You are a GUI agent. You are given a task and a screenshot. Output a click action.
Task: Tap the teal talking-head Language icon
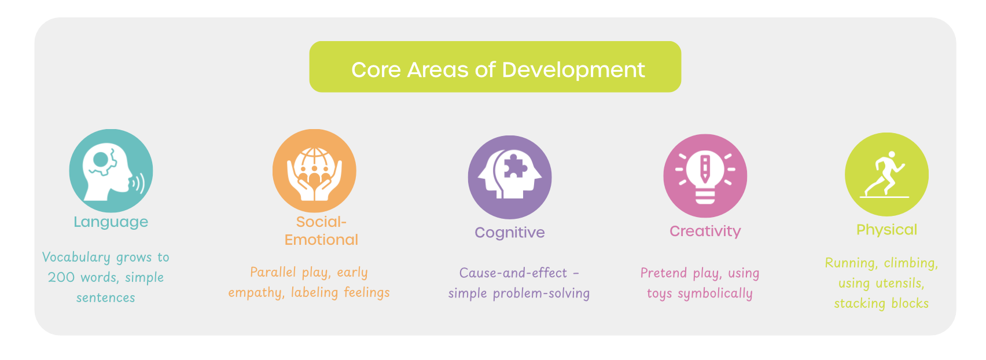click(111, 171)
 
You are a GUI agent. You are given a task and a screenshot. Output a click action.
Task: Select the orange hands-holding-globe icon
click(314, 171)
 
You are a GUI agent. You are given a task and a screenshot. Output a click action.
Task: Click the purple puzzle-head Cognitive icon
click(510, 177)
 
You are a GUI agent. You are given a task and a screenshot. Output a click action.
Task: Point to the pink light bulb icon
click(705, 176)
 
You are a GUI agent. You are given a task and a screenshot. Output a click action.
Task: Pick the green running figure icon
click(886, 175)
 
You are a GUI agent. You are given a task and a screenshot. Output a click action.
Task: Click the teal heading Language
click(111, 222)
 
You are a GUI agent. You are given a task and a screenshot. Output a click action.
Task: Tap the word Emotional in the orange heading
click(321, 240)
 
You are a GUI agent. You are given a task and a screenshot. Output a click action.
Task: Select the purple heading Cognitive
click(510, 233)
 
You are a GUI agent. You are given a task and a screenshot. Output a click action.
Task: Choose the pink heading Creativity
click(705, 232)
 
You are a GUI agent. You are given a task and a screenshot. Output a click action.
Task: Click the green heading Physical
click(886, 230)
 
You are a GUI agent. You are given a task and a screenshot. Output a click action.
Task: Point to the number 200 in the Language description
click(61, 277)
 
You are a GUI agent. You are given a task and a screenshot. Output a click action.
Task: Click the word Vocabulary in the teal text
click(76, 257)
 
